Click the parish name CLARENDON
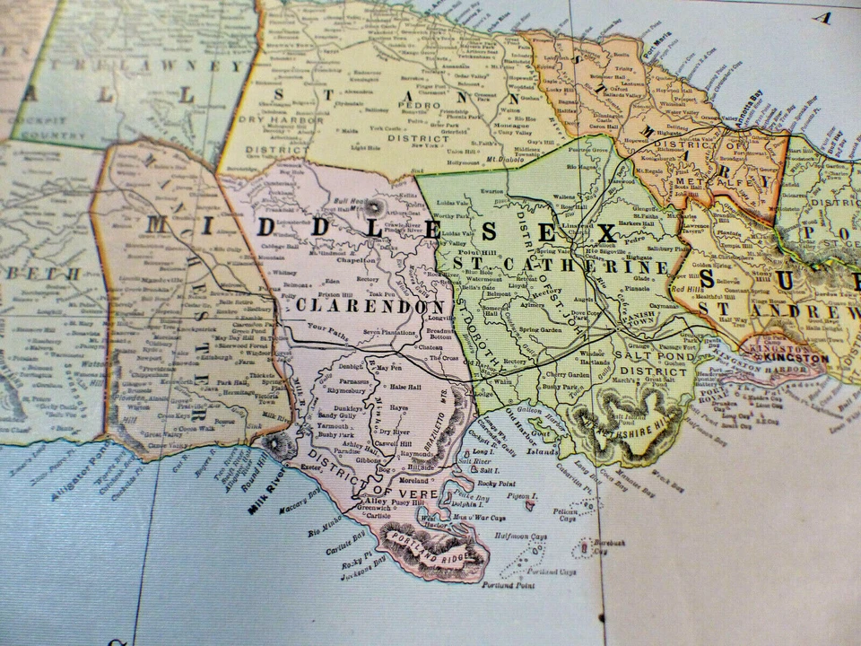[364, 306]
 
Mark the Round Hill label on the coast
[257, 467]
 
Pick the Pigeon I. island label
[521, 496]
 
